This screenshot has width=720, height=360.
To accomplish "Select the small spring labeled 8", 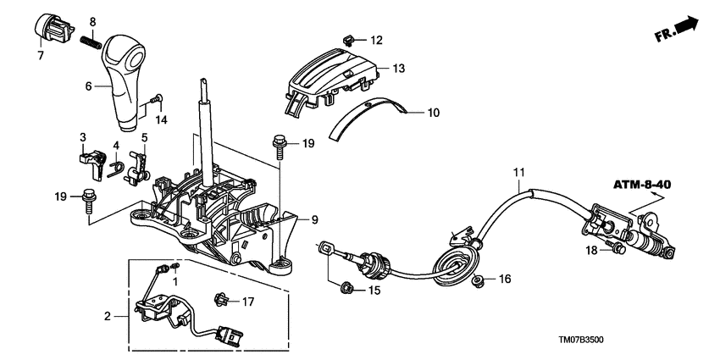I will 91,38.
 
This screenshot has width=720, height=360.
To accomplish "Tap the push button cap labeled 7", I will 52,27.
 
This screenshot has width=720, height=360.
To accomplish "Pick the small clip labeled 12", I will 347,38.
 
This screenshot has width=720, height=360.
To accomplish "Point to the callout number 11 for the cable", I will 518,174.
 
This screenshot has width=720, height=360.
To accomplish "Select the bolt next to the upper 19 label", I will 277,147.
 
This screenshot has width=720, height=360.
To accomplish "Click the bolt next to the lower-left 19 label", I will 89,203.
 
